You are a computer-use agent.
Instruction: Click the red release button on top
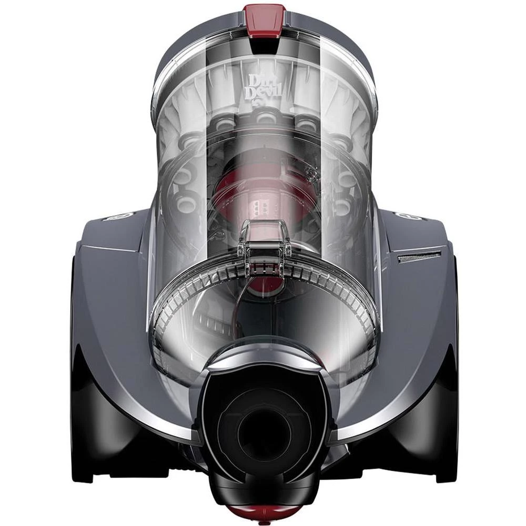click(264, 20)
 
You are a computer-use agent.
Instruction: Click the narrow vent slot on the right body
click(419, 257)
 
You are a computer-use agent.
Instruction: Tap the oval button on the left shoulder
click(118, 216)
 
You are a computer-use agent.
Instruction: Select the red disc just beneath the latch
click(264, 285)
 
